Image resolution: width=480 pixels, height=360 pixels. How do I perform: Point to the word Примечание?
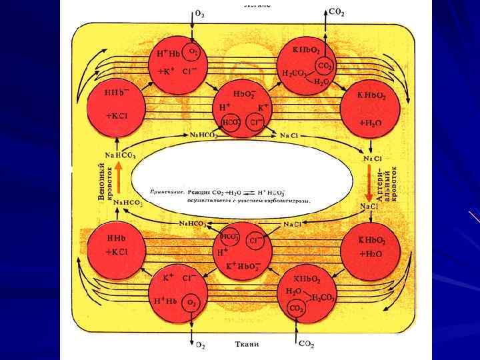pyautogui.click(x=165, y=191)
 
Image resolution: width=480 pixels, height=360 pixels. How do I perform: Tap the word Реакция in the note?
pyautogui.click(x=201, y=191)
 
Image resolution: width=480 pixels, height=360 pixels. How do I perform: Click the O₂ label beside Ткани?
pyautogui.click(x=200, y=345)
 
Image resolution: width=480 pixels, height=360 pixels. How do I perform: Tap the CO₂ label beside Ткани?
pyautogui.click(x=305, y=344)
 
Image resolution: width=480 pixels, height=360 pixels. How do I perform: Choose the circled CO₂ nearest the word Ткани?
pyautogui.click(x=295, y=309)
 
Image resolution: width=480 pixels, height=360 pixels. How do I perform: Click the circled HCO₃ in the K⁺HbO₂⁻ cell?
pyautogui.click(x=230, y=238)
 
